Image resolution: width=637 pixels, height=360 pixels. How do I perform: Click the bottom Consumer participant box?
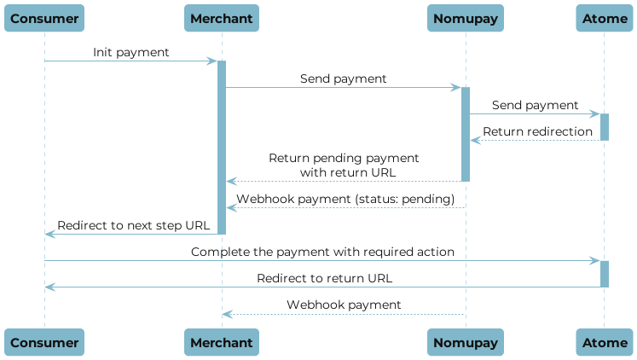44,342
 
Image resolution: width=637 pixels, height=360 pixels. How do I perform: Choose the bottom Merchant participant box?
222,342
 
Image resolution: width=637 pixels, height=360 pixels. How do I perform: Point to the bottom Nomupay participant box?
466,342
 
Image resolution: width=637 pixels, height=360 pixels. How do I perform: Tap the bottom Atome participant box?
604,342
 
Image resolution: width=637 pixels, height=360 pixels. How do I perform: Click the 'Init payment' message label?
131,53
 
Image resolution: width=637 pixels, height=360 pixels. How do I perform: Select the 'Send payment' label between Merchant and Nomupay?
343,78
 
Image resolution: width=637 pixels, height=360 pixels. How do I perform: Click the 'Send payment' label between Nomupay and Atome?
535,105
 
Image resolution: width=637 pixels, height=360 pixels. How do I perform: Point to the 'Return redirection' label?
537,131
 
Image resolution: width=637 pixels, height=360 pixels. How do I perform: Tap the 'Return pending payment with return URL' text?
344,165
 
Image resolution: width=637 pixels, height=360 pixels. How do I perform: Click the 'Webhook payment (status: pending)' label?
345,199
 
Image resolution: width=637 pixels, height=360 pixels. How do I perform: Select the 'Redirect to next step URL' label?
132,225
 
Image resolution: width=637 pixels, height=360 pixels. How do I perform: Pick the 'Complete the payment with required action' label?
322,253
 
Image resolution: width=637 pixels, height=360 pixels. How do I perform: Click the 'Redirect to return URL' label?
325,278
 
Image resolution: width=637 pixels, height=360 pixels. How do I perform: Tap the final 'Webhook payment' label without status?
344,305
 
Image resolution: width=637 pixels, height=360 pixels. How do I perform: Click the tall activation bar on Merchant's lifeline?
222,145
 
